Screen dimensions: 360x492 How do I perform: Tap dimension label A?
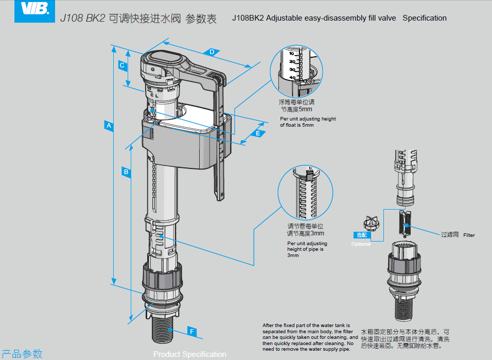pos(109,125)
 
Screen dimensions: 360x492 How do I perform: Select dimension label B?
pos(126,172)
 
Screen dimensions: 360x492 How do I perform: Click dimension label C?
pos(122,65)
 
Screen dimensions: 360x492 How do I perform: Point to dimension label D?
pos(212,52)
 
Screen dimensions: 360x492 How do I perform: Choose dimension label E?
pos(258,133)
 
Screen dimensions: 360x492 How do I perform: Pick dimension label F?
pos(192,331)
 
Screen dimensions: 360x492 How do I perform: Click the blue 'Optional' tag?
pos(361,234)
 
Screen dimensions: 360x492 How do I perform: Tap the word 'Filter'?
pos(469,235)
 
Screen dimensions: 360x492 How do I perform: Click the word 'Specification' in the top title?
pos(425,18)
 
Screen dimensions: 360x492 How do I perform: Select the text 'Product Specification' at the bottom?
pos(189,354)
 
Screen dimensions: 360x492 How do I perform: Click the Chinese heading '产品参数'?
pos(22,354)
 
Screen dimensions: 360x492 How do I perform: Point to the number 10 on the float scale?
pos(291,53)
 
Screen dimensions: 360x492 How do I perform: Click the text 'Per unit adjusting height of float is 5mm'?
pos(308,122)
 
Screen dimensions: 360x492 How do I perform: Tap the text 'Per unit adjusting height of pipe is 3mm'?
pos(307,249)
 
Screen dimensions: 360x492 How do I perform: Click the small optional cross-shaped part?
pos(371,222)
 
